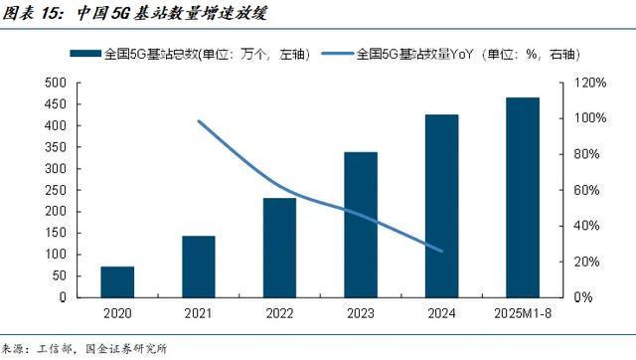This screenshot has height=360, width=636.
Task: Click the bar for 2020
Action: coord(117,281)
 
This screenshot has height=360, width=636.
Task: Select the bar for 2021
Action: coord(199,267)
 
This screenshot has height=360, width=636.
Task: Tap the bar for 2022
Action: coord(279,248)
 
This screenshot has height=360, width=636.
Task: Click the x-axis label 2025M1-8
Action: coord(523,315)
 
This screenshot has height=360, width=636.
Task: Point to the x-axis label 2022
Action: coord(279,315)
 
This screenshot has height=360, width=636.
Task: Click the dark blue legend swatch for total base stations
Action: coord(84,55)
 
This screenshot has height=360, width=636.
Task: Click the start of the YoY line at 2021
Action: coord(199,121)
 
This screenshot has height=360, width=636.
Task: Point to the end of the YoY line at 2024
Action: coord(442,251)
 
